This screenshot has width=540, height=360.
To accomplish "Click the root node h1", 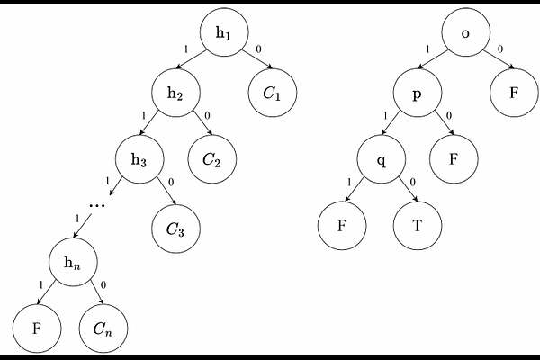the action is pyautogui.click(x=224, y=32).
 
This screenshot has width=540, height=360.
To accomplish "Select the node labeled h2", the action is pyautogui.click(x=175, y=93).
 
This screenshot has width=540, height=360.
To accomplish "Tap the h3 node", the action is pyautogui.click(x=139, y=159).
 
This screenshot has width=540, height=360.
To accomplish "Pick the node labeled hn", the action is pyautogui.click(x=73, y=262).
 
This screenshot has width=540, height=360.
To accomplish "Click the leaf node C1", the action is pyautogui.click(x=273, y=93).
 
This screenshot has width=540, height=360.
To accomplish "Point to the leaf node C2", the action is pyautogui.click(x=212, y=159).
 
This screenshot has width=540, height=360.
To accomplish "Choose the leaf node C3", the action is pyautogui.click(x=175, y=229).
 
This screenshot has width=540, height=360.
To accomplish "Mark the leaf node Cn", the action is pyautogui.click(x=103, y=328).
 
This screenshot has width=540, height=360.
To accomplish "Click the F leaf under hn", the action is pyautogui.click(x=37, y=328).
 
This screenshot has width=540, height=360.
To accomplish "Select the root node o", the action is pyautogui.click(x=465, y=32).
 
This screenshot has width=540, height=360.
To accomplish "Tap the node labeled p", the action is pyautogui.click(x=418, y=93).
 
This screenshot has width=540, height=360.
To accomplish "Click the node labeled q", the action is pyautogui.click(x=382, y=159).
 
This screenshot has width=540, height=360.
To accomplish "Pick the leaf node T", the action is pyautogui.click(x=418, y=226).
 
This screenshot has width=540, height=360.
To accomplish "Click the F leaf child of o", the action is pyautogui.click(x=514, y=93).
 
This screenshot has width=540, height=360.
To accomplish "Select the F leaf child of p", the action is pyautogui.click(x=454, y=159).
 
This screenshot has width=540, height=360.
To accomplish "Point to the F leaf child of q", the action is pyautogui.click(x=342, y=226).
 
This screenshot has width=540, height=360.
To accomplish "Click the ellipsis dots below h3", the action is pyautogui.click(x=97, y=206).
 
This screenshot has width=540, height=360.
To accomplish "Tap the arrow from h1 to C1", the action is pyautogui.click(x=257, y=59).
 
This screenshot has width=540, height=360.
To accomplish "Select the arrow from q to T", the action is pyautogui.click(x=409, y=189).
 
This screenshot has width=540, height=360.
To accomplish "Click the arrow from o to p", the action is pyautogui.click(x=433, y=59).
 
